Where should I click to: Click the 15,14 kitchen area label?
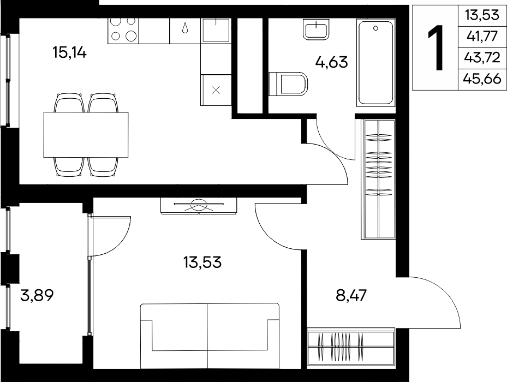coord(69,52)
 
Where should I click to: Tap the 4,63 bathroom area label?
coord(331,62)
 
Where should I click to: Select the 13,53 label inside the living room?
coord(202,262)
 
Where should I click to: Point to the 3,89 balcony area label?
coord(37,295)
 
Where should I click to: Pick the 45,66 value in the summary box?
coord(482,78)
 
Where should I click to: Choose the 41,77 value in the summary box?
coord(482,36)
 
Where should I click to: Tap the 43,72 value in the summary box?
coord(482,57)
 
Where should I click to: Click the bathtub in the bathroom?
coord(375,62)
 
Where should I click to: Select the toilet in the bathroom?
coord(288,84)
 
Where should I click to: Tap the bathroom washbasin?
coord(316,29)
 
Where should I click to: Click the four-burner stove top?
coord(123,31)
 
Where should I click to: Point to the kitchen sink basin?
coord(216,30)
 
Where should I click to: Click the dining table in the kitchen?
coord(86,135)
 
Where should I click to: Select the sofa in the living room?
coord(210,336)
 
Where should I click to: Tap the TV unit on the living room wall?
coord(199,205)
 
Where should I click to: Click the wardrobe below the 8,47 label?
coord(351,348)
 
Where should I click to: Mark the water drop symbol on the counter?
coord(185,28)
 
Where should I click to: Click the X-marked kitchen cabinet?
coord(216,90)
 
